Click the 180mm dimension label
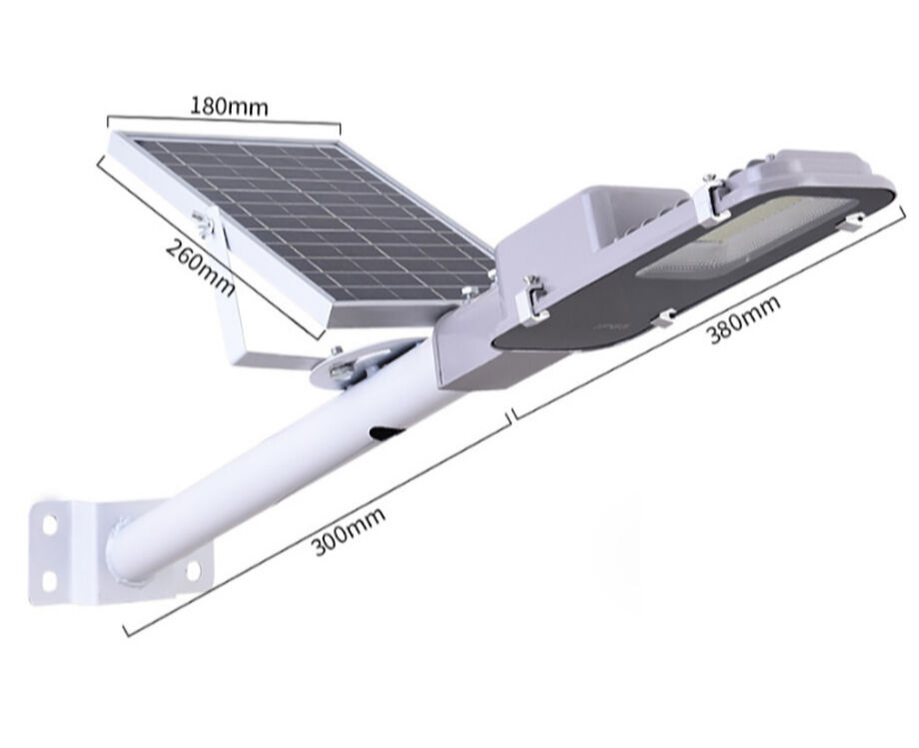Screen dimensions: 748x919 pos(229,104)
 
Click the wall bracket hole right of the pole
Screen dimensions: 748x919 pos(193,569)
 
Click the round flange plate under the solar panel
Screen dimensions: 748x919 pos(360,362)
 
